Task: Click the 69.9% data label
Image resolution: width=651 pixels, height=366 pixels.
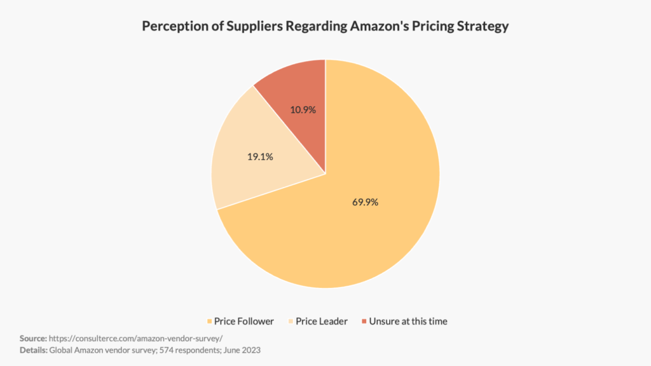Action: [x=365, y=203]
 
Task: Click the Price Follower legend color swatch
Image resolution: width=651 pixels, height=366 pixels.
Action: [x=209, y=322]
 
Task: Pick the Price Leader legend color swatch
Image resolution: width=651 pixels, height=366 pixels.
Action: [x=291, y=322]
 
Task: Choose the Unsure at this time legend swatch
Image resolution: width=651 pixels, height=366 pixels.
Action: [x=364, y=322]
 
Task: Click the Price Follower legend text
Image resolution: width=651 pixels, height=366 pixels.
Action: [x=243, y=322]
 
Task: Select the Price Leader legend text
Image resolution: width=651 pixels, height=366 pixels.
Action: [x=322, y=322]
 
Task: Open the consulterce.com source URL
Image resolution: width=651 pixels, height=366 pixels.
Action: [x=135, y=338]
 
